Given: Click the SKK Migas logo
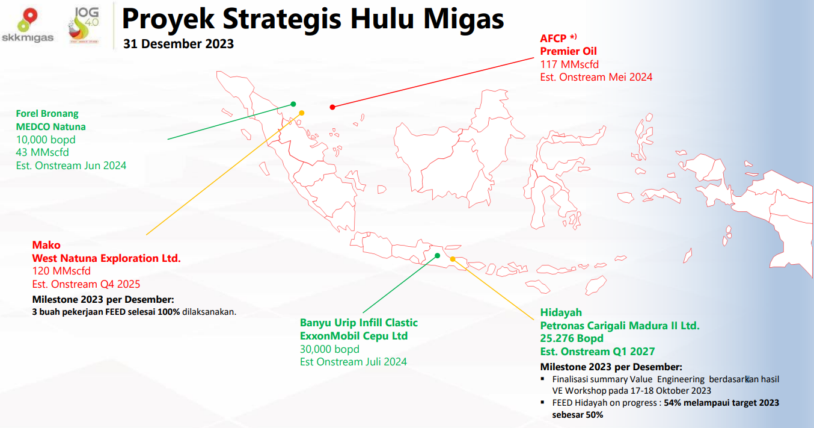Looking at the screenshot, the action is pyautogui.click(x=28, y=25).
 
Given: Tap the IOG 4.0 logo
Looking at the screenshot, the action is pyautogui.click(x=84, y=25).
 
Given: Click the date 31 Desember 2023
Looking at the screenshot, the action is pyautogui.click(x=179, y=44).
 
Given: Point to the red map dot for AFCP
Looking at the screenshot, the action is pyautogui.click(x=332, y=107).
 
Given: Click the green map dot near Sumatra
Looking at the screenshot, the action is pyautogui.click(x=293, y=104).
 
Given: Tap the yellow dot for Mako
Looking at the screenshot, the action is pyautogui.click(x=302, y=113).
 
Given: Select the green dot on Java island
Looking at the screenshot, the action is pyautogui.click(x=438, y=255).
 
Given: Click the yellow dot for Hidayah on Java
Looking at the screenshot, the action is pyautogui.click(x=453, y=259).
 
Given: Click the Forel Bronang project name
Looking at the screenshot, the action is pyautogui.click(x=47, y=114).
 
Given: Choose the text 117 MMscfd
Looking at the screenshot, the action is pyautogui.click(x=569, y=64).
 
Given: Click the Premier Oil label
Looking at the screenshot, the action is pyautogui.click(x=568, y=51).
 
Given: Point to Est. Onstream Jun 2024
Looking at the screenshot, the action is pyautogui.click(x=71, y=166).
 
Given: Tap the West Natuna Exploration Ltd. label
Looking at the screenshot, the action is pyautogui.click(x=106, y=258).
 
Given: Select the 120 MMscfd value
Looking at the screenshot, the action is pyautogui.click(x=61, y=271).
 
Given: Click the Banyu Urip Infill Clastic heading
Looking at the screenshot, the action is pyautogui.click(x=359, y=323).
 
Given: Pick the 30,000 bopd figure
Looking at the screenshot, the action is pyautogui.click(x=329, y=349).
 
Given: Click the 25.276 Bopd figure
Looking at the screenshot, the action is pyautogui.click(x=572, y=338).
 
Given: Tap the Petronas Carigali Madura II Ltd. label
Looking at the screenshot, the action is pyautogui.click(x=620, y=326).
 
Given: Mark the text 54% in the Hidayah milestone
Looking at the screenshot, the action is pyautogui.click(x=672, y=403).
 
